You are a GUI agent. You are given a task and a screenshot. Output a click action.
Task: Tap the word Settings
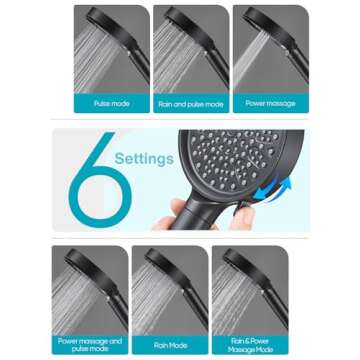tap(143, 157)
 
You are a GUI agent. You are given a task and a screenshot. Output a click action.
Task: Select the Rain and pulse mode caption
tap(190, 103)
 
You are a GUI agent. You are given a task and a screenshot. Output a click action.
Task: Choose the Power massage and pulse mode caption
tap(90, 343)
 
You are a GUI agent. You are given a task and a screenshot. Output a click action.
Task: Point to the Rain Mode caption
tap(169, 343)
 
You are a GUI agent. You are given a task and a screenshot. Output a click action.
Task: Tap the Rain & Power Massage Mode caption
tap(249, 343)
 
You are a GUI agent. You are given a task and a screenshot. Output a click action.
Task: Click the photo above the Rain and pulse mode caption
tap(190, 50)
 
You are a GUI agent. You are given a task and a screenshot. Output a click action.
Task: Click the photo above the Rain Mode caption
tap(169, 289)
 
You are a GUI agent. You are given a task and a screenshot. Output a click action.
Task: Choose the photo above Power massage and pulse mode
tap(90, 289)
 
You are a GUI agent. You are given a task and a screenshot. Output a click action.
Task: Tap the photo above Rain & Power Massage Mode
tap(249, 289)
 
